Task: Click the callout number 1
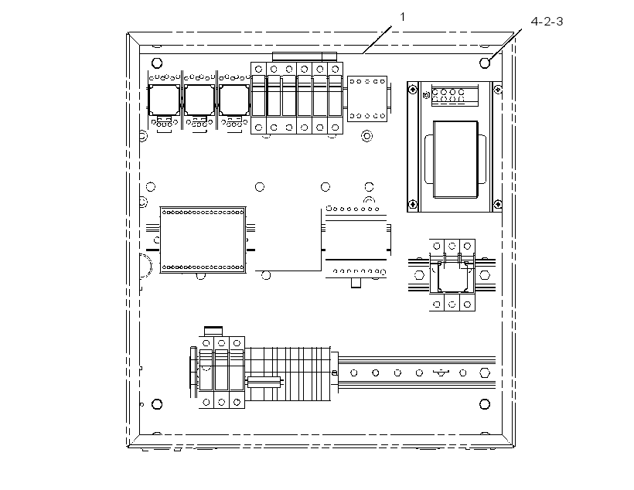[402, 17]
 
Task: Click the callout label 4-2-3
[547, 22]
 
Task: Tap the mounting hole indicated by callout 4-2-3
[485, 63]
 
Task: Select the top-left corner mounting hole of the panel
[157, 63]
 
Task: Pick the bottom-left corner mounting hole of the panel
[157, 404]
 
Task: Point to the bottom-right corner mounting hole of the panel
[485, 404]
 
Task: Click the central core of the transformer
[455, 159]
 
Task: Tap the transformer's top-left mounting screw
[412, 90]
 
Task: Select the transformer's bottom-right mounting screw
[498, 204]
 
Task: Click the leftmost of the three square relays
[164, 100]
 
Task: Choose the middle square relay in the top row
[199, 100]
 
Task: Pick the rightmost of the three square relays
[234, 100]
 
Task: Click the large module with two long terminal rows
[203, 240]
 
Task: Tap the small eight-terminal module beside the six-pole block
[367, 99]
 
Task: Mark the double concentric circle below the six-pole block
[366, 136]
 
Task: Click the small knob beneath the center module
[356, 283]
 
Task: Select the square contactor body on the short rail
[452, 276]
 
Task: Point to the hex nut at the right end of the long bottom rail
[485, 373]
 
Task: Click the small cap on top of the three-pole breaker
[213, 331]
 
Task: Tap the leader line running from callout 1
[377, 39]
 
